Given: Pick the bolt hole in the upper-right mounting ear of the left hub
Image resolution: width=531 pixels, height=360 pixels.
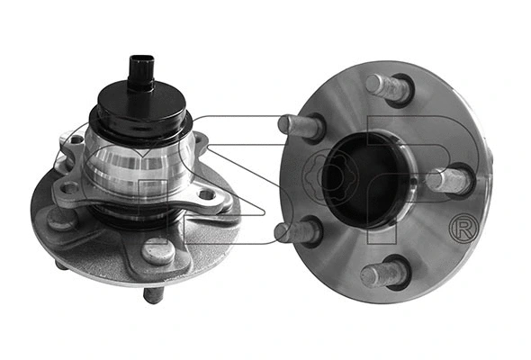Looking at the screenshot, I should tap(198, 141).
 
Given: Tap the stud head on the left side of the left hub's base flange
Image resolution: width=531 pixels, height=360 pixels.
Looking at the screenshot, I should tap(60, 219).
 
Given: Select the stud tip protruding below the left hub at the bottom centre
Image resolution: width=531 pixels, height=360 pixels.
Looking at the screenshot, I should tap(153, 294).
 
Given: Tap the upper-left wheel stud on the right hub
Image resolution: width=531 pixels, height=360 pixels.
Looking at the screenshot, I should tap(301, 127).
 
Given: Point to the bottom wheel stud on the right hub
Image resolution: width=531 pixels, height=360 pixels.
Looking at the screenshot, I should tap(383, 274).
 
